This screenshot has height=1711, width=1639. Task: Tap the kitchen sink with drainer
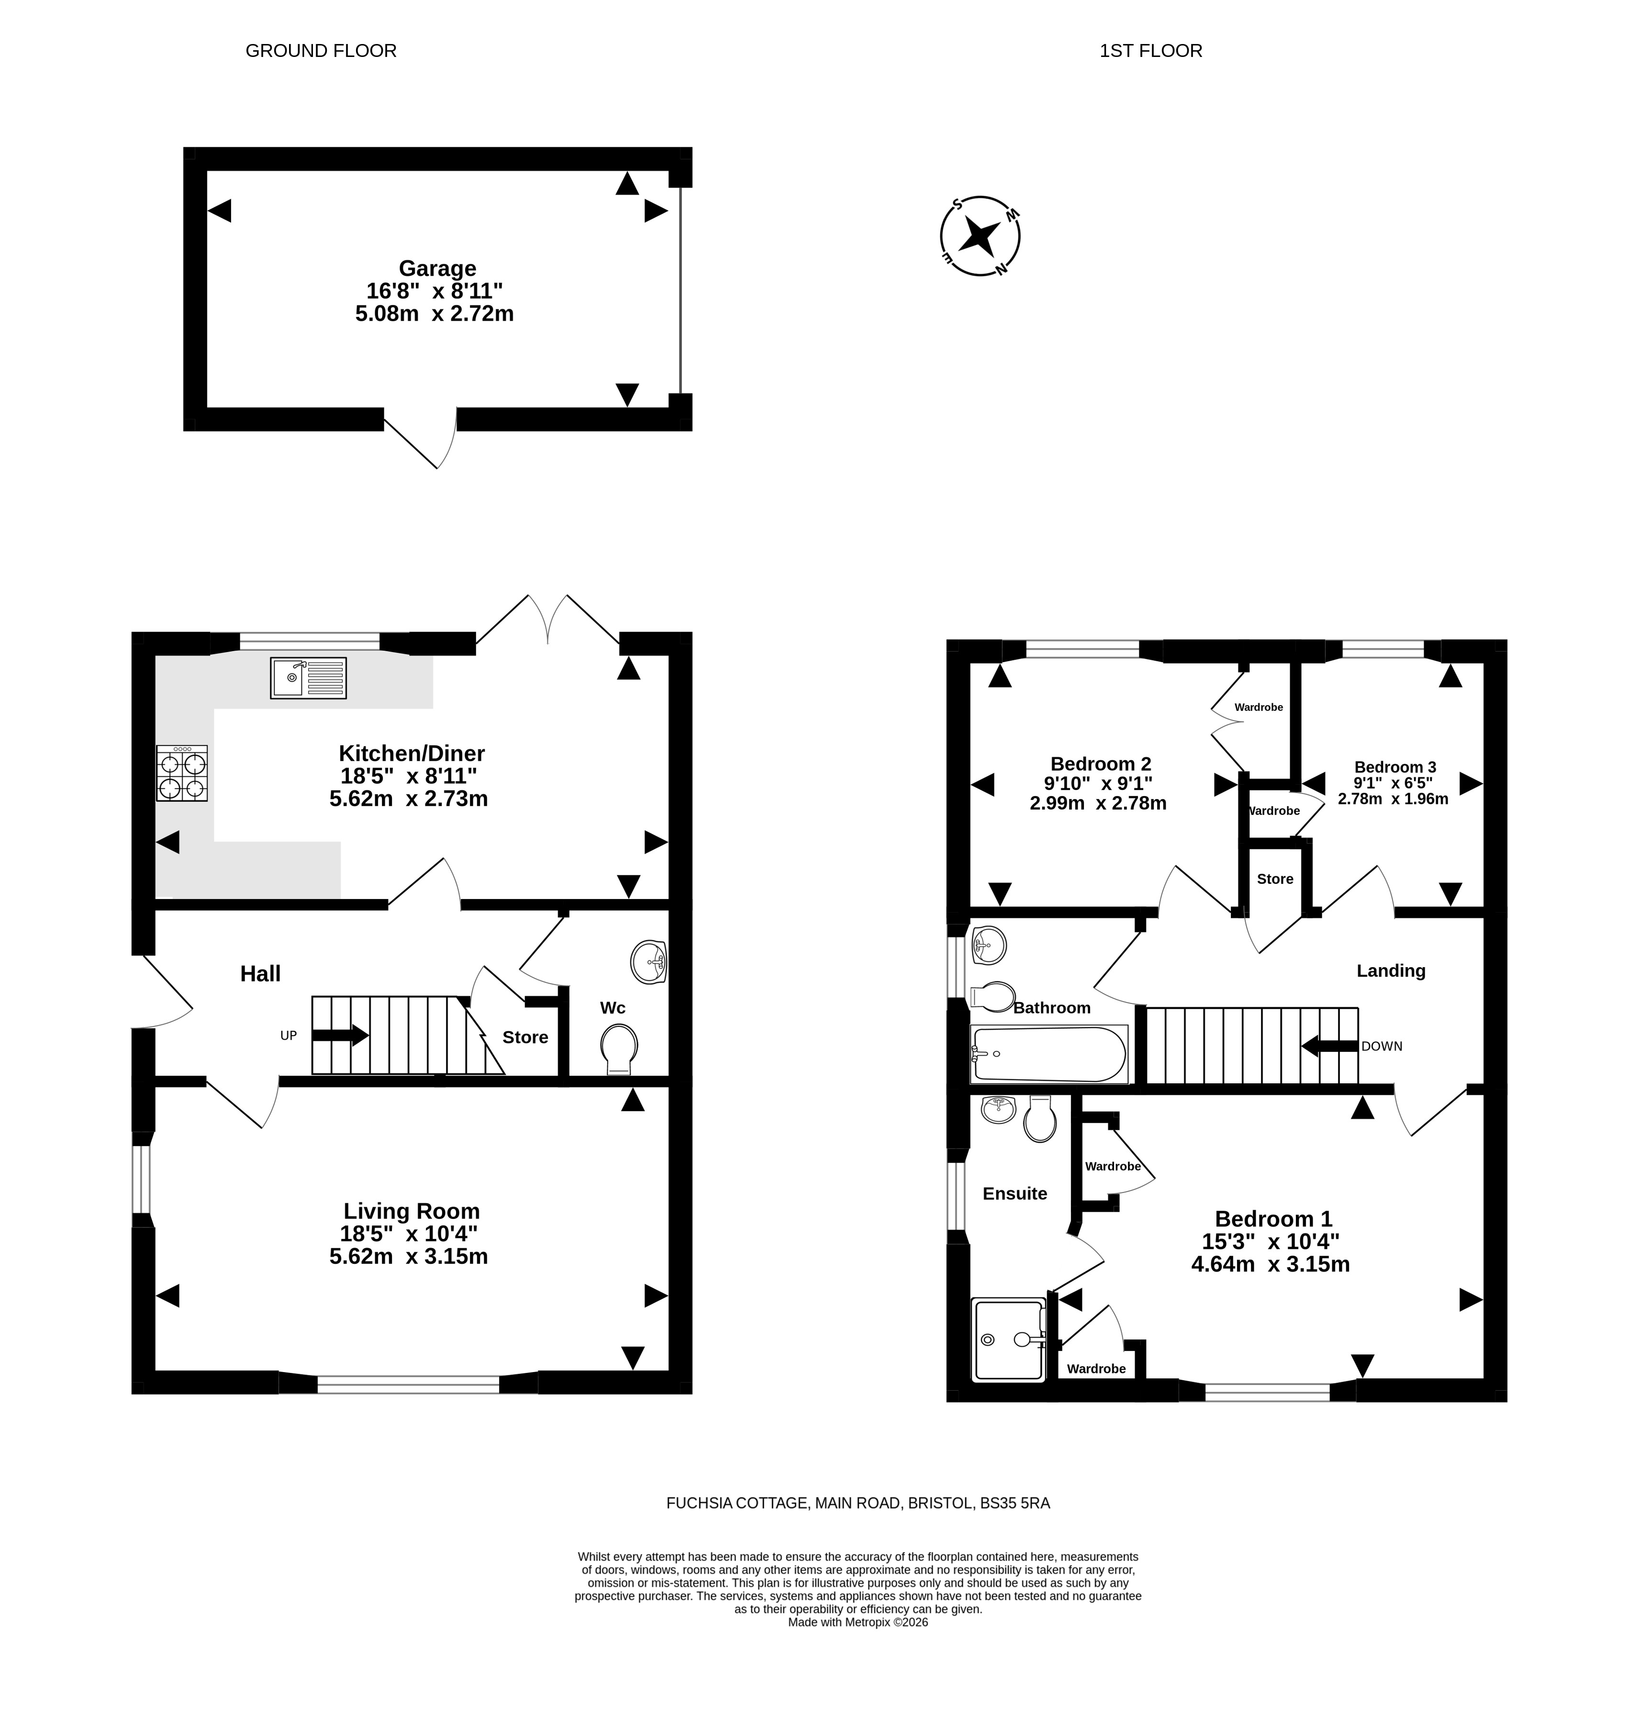[308, 677]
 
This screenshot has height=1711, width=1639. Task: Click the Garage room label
[437, 268]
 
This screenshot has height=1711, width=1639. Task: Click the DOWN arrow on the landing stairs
[1329, 1045]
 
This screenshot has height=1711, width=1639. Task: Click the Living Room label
[411, 1211]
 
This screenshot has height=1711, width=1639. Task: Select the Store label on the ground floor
[525, 1037]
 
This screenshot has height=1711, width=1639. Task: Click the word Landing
[1390, 971]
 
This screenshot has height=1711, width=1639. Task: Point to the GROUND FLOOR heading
[321, 51]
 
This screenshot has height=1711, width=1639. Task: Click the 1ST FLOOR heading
[1150, 51]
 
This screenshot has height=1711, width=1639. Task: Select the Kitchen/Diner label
[411, 753]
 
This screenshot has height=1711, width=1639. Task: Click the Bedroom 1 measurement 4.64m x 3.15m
[1270, 1264]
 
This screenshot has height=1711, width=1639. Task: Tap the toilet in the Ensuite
[1039, 1119]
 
